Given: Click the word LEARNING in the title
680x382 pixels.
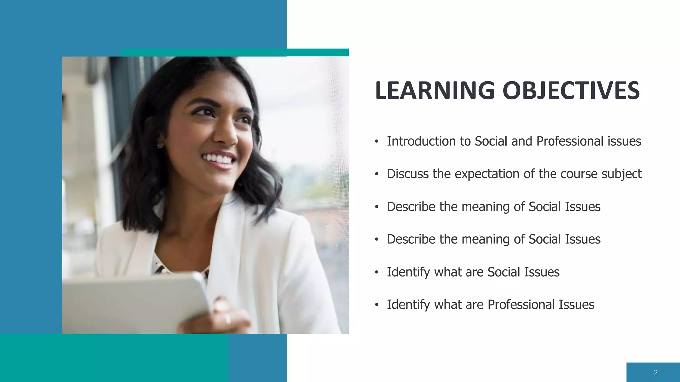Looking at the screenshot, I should [435, 91].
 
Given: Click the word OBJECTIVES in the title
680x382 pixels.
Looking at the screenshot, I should [571, 91].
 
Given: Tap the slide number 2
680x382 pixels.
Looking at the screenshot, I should [656, 373].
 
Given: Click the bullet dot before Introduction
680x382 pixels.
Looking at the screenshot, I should [377, 142].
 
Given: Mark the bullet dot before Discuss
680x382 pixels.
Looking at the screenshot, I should [377, 174].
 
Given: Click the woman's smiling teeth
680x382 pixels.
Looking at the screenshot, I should [218, 159].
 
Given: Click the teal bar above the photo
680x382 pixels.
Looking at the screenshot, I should [234, 52].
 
